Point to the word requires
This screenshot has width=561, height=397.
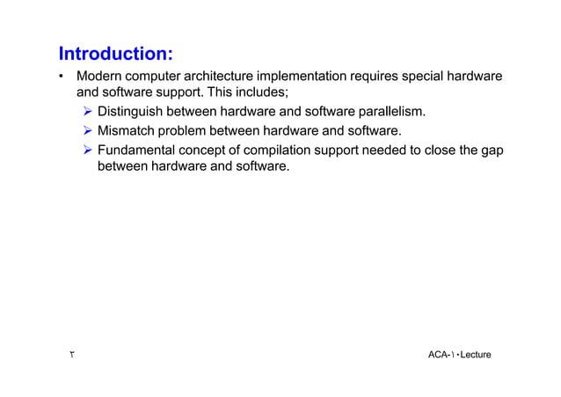(x=375, y=77)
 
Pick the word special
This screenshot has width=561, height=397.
(x=427, y=77)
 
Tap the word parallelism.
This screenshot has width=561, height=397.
(x=392, y=112)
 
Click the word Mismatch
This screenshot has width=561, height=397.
(x=128, y=131)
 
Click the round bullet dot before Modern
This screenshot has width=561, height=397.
(x=62, y=78)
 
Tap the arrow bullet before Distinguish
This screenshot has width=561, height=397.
(x=87, y=112)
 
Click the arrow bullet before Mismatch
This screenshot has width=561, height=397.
(x=87, y=131)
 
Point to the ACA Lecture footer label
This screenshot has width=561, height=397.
(x=459, y=354)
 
